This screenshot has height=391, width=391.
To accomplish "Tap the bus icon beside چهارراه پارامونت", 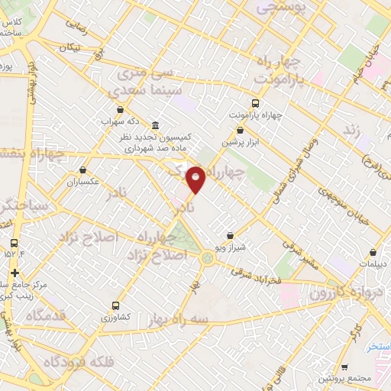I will [255, 103].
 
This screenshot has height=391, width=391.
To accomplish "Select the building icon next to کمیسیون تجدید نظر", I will [156, 125].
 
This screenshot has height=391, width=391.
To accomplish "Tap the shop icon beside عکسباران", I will [82, 171].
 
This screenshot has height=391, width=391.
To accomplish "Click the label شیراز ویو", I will [228, 249].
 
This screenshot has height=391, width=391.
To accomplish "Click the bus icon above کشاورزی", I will [115, 302].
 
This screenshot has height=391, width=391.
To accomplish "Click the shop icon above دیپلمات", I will [372, 251].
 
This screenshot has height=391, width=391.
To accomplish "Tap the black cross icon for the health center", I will [15, 273].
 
